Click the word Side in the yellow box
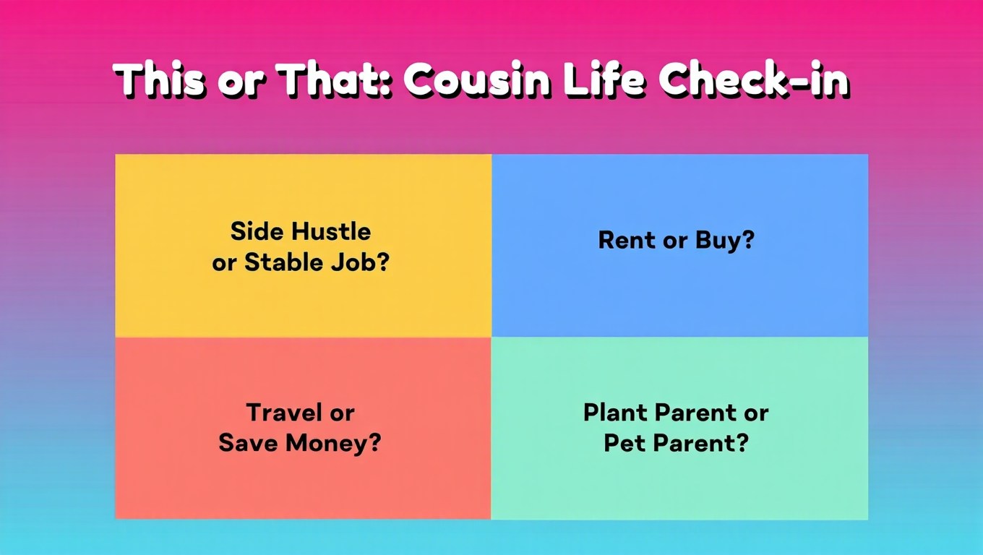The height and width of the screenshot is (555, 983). point(257,232)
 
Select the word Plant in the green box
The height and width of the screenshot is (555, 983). point(615,413)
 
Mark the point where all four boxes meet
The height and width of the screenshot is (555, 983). point(491,337)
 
